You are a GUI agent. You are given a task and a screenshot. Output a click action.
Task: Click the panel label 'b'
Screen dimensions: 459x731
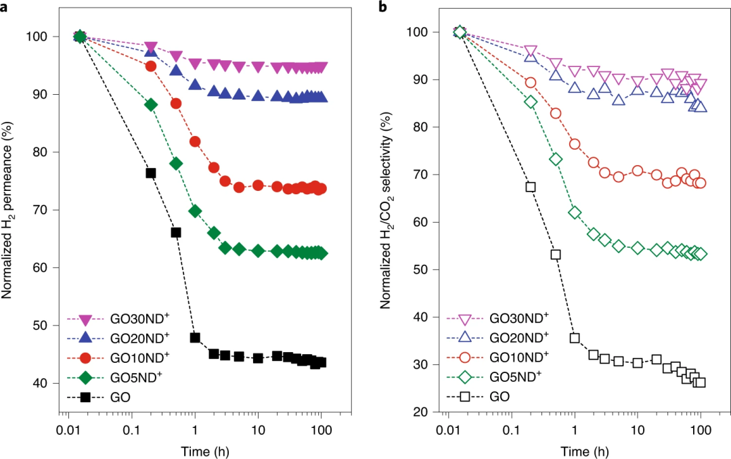(x=382, y=8)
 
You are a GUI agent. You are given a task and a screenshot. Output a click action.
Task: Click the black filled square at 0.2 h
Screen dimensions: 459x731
(x=151, y=173)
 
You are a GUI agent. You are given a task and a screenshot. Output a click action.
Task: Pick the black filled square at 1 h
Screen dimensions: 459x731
(x=195, y=338)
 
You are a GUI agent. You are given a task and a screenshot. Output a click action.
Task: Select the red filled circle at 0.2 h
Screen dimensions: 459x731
(x=151, y=66)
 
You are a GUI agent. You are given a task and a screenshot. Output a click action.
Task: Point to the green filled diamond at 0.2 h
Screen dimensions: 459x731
(x=151, y=104)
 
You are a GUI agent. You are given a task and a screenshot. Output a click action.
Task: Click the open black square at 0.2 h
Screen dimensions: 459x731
(x=531, y=187)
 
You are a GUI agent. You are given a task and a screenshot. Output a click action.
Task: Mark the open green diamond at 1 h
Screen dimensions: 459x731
(x=575, y=213)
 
